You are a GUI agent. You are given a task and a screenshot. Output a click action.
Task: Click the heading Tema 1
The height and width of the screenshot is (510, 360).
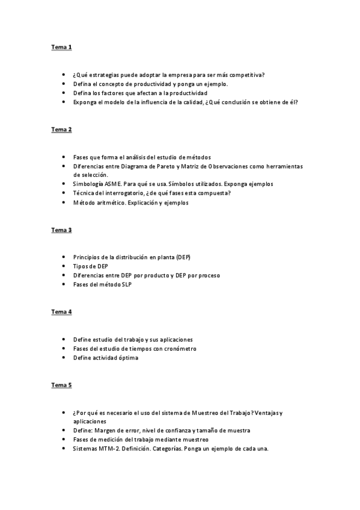click(x=61, y=47)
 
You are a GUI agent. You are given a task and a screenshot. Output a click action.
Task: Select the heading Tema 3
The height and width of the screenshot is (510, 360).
click(x=61, y=230)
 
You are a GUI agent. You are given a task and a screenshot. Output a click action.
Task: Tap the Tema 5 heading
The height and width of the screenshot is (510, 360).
click(x=61, y=385)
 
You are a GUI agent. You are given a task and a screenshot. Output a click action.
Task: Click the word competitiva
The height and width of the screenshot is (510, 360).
click(x=249, y=75)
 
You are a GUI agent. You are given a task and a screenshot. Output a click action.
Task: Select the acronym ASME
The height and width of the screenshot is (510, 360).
click(x=112, y=184)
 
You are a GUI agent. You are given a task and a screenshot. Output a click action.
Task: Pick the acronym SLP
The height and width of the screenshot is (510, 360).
click(x=126, y=284)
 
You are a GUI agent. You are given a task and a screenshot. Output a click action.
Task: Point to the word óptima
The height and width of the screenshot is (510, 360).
click(x=126, y=358)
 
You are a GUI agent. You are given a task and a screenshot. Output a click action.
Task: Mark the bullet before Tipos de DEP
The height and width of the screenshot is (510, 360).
click(x=64, y=266)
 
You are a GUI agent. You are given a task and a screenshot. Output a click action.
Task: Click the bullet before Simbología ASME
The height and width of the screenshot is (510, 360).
click(x=64, y=184)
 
